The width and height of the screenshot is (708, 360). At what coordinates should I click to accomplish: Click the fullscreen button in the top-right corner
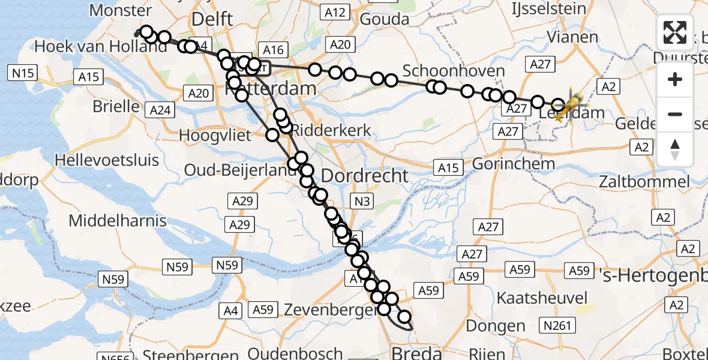coord(675,32)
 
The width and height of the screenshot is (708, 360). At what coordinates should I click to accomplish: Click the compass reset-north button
coord(675,149)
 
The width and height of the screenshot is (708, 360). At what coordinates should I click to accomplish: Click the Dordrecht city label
coord(365,176)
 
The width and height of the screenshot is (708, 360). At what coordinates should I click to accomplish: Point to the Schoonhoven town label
coord(454,71)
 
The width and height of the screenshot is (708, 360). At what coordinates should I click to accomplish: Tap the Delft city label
coord(212,19)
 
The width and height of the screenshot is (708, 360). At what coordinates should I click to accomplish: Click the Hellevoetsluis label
coord(107,160)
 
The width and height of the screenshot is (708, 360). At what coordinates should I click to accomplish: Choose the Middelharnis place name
coord(118,220)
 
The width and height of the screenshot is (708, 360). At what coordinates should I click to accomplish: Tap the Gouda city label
coord(384,19)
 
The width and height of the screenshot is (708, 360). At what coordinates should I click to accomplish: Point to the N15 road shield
coord(23,73)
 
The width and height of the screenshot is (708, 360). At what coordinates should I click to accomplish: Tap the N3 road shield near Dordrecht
coord(362,202)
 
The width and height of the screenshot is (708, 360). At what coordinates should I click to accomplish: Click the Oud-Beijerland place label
coord(241,170)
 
